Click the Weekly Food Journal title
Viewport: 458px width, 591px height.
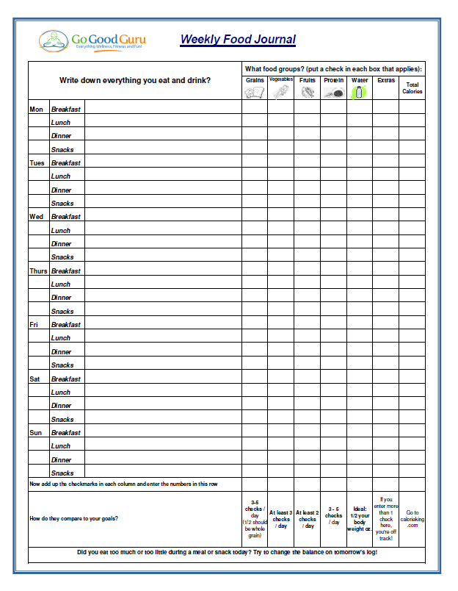(x=238, y=40)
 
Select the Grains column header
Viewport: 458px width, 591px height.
(x=255, y=80)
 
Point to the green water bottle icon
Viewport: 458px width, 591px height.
(x=359, y=92)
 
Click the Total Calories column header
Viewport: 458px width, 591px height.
(x=412, y=87)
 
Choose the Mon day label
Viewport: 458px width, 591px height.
(x=36, y=110)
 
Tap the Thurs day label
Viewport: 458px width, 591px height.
(x=38, y=271)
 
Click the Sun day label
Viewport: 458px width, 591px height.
(x=36, y=433)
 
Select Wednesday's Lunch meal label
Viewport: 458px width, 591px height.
(x=61, y=231)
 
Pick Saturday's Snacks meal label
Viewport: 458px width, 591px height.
(x=62, y=420)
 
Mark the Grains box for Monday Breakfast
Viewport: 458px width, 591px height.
(x=255, y=109)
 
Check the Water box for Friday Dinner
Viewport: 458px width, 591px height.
(x=359, y=351)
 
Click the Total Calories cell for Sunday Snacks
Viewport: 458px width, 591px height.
(x=412, y=473)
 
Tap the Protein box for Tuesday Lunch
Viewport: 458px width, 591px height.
(x=333, y=176)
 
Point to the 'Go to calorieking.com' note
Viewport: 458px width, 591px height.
(x=412, y=518)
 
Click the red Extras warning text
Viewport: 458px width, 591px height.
(x=385, y=518)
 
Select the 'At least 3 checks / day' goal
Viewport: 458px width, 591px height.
(x=280, y=519)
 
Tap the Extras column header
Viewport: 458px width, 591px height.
(x=385, y=80)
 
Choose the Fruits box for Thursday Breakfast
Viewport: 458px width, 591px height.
(x=307, y=271)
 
